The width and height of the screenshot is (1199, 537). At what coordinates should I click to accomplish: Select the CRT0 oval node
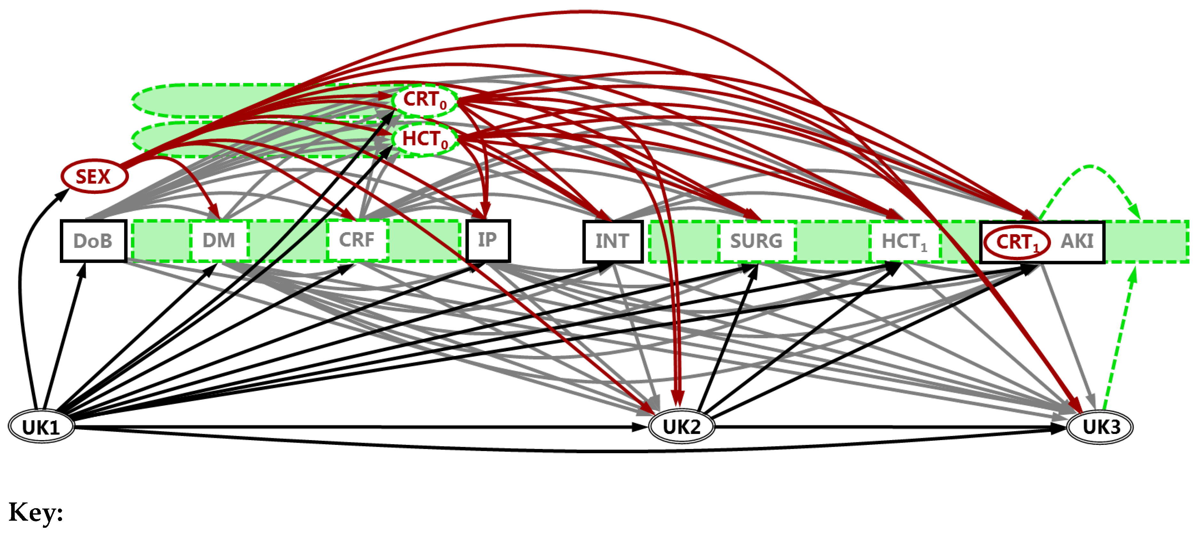click(425, 99)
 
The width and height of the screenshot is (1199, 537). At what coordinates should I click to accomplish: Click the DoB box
click(93, 241)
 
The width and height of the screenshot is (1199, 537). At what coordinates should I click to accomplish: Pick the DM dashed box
click(219, 241)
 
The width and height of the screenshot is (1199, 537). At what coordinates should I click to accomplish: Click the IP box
click(488, 240)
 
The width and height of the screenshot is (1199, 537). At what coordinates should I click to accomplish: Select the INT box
click(612, 241)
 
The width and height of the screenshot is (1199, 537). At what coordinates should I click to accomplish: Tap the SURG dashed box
click(756, 241)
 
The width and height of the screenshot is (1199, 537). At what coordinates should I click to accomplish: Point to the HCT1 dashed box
click(904, 241)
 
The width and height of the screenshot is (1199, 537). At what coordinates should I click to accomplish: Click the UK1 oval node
click(41, 427)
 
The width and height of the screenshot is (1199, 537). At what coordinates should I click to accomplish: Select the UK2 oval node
click(682, 427)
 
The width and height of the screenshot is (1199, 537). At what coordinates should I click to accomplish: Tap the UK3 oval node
click(1099, 427)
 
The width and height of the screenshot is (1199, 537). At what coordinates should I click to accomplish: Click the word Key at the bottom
click(36, 513)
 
